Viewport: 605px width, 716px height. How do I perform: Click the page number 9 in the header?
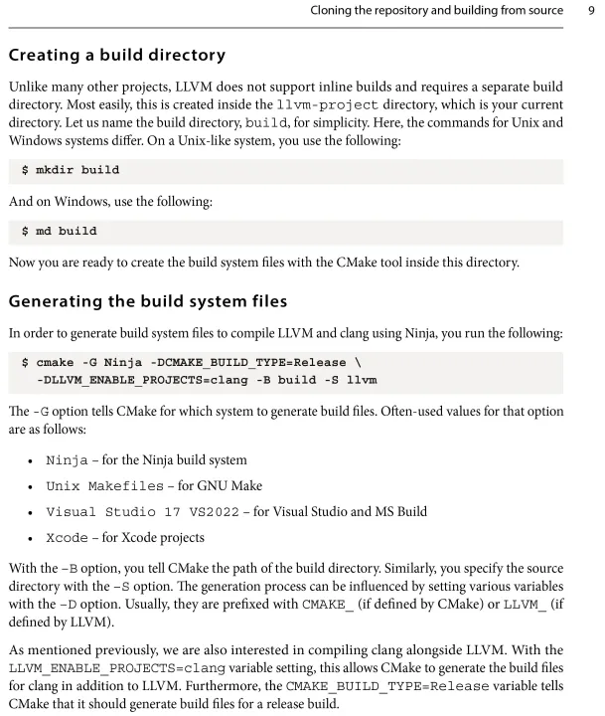coord(590,12)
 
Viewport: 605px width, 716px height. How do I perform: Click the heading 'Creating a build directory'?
coord(116,55)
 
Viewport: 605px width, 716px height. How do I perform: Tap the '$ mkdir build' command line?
coord(71,170)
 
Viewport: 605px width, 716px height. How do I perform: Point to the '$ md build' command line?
coord(60,232)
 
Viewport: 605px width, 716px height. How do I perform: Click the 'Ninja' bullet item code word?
coord(67,460)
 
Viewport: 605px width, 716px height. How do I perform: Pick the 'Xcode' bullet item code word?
coord(67,538)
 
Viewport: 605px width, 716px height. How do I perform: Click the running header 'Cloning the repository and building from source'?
coord(408,12)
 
